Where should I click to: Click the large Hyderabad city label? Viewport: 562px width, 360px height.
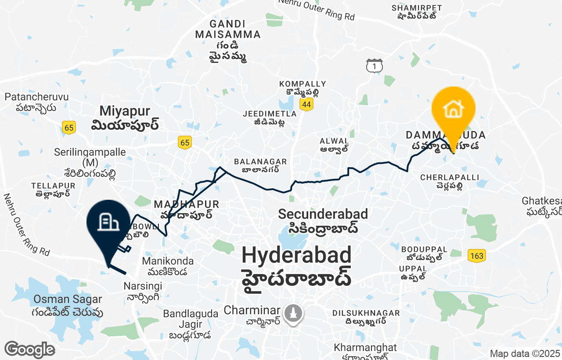tap(296, 255)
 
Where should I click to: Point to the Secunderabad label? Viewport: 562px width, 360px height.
tap(323, 214)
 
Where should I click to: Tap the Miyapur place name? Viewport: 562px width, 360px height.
tap(125, 111)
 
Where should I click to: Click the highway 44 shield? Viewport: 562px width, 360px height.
tap(306, 104)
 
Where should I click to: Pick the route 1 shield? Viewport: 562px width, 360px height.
tap(375, 66)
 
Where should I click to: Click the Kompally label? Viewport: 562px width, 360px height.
tap(303, 84)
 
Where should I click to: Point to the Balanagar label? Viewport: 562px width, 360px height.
tap(260, 162)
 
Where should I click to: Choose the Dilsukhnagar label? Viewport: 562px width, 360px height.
tap(366, 313)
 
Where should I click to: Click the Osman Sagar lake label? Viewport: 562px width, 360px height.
tap(68, 299)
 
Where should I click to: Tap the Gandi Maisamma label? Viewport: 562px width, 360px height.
tap(228, 29)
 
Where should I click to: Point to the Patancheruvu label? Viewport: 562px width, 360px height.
tap(31, 97)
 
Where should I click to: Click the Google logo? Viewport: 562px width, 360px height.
tap(29, 350)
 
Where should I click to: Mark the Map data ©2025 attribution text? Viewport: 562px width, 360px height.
tap(525, 353)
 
